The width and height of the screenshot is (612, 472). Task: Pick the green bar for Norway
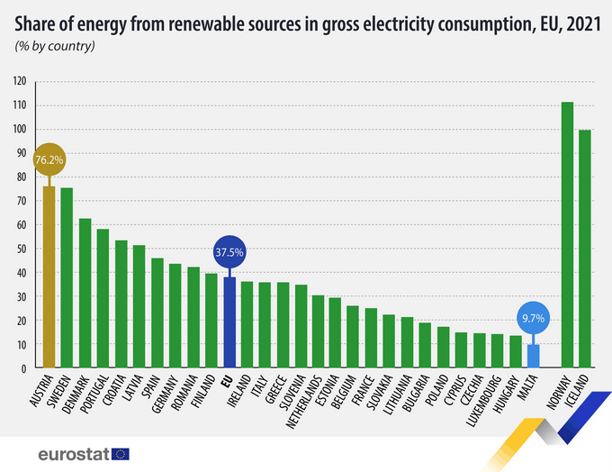coord(567,235)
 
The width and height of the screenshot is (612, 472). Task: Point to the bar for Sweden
coord(66,278)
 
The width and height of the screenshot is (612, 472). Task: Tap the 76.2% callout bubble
coord(48,159)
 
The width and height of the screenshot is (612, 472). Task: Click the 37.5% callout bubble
coord(229,251)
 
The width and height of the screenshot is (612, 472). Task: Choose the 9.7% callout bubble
coord(533,318)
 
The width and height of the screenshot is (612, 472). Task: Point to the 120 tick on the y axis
coord(20,81)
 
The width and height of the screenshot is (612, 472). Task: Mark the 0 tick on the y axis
coord(24,368)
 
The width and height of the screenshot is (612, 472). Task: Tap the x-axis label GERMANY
coord(165,395)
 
